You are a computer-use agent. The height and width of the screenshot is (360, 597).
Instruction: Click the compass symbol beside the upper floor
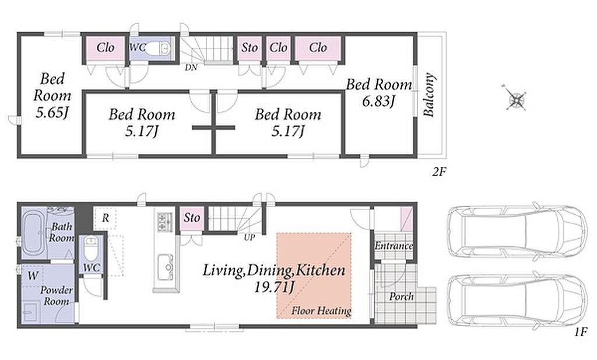point(517,99)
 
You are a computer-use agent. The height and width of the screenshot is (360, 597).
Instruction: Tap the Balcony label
point(429,95)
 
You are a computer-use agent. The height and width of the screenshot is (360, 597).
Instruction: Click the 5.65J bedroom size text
point(52,113)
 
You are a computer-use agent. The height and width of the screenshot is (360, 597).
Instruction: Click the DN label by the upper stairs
point(191,68)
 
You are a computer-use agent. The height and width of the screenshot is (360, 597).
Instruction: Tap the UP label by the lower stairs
point(250,237)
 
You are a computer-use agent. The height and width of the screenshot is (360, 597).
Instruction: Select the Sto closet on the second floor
point(250,48)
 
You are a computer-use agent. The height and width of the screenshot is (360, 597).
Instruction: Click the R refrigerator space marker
point(106,218)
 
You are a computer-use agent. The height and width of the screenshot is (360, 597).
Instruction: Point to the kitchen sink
point(165,267)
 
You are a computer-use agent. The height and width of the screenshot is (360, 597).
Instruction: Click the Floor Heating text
point(321,311)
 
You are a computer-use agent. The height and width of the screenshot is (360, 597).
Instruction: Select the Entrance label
point(394,246)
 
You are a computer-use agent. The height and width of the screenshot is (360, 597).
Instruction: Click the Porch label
point(401,296)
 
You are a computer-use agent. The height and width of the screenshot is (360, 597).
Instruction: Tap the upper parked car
point(517,231)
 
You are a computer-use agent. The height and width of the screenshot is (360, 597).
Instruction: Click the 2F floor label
point(438,172)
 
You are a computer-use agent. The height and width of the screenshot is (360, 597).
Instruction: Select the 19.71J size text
point(274,287)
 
